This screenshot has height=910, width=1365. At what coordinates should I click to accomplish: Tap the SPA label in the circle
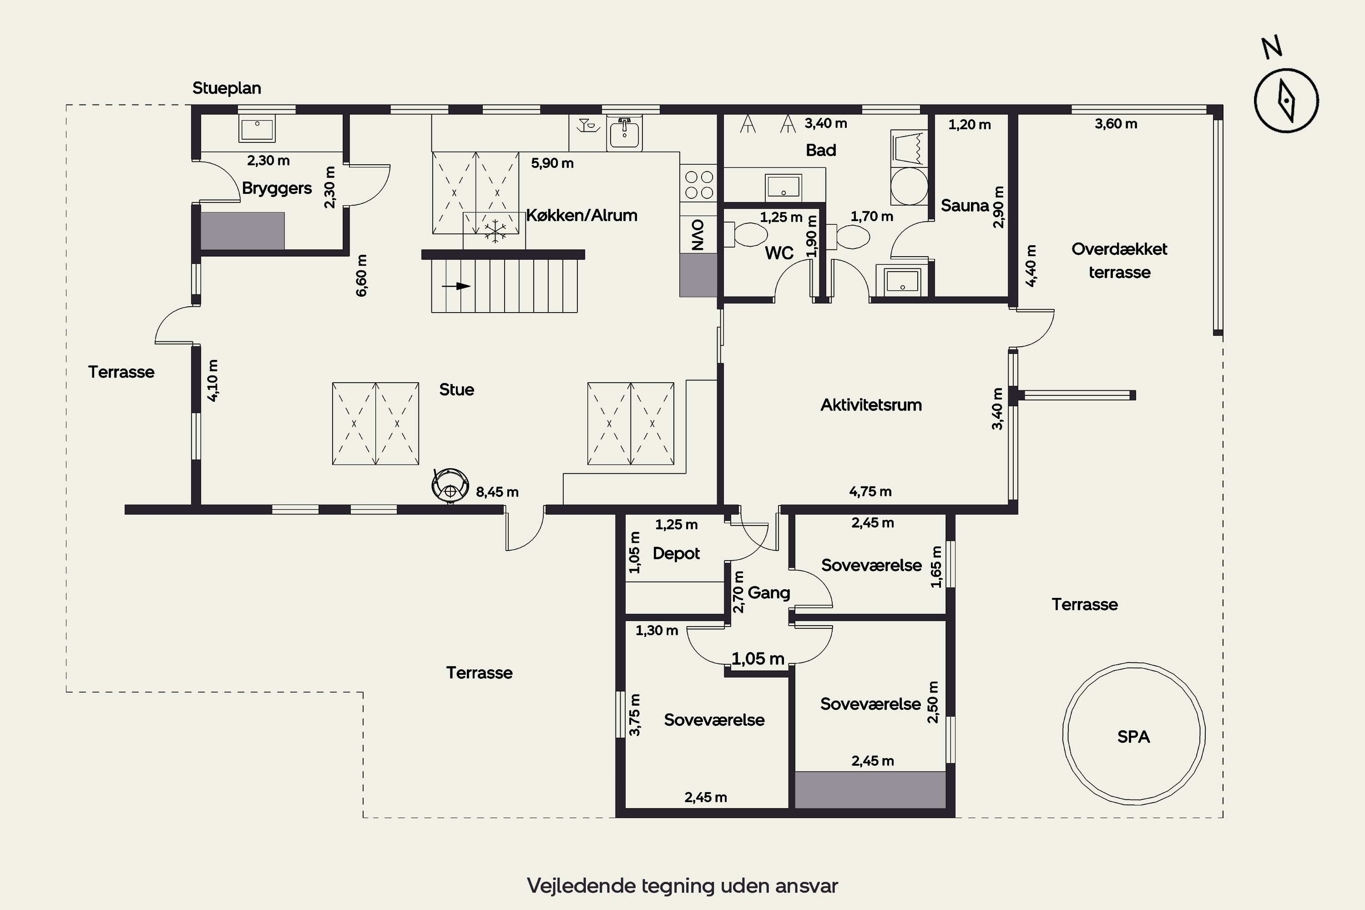(1133, 737)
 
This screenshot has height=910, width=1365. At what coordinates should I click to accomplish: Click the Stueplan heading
(226, 88)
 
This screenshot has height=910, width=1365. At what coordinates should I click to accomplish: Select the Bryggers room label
(277, 188)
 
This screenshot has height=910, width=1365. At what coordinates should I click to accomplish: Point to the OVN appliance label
(698, 234)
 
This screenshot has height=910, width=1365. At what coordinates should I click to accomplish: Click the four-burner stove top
(699, 185)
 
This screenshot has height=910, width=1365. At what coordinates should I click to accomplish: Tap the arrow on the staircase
(456, 286)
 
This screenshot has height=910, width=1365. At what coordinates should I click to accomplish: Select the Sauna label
(965, 206)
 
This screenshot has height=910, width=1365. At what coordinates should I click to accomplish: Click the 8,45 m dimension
(497, 492)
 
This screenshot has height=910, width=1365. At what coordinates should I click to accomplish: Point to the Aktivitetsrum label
(870, 404)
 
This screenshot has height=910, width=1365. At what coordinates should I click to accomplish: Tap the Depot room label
(676, 554)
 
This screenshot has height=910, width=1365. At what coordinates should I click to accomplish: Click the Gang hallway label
(768, 592)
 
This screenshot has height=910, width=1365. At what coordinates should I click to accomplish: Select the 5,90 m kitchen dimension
(552, 163)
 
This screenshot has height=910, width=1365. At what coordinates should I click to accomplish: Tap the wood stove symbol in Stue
(450, 485)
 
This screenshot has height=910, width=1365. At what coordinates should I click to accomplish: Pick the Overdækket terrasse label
(1119, 261)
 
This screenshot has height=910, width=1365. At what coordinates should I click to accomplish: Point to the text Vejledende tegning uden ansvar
(682, 885)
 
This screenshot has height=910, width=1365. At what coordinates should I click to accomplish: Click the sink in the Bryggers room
(257, 128)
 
